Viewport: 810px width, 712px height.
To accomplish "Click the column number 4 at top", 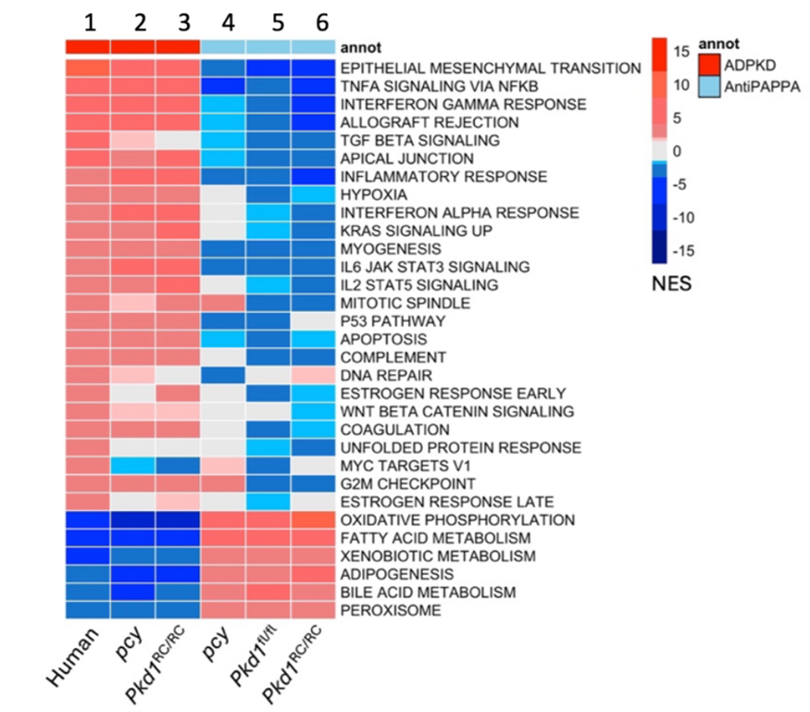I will pyautogui.click(x=223, y=20).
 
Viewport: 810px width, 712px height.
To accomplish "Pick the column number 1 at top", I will pyautogui.click(x=87, y=20).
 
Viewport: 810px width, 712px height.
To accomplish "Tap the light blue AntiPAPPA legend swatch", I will pyautogui.click(x=709, y=83).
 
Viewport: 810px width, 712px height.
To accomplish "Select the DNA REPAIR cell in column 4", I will pyautogui.click(x=223, y=375).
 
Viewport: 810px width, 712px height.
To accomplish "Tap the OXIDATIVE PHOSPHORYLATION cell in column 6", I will pyautogui.click(x=314, y=520).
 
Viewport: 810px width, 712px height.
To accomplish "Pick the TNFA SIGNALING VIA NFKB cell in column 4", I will pyautogui.click(x=223, y=86).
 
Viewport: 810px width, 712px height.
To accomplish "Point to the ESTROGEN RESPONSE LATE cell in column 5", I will pyautogui.click(x=268, y=502).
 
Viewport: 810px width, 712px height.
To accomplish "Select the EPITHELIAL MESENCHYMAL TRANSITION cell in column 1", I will pyautogui.click(x=87, y=68).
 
